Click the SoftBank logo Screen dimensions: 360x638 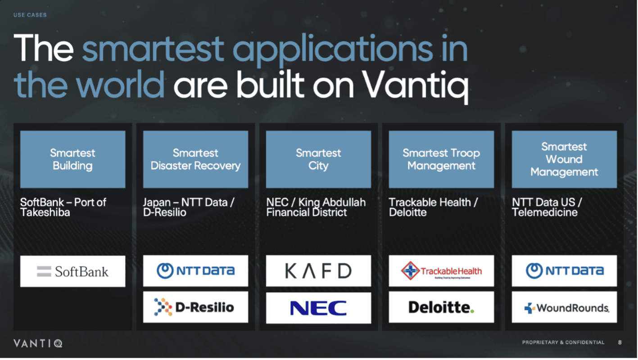[72, 271]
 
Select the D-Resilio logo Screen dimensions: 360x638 [195, 307]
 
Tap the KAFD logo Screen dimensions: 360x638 [318, 271]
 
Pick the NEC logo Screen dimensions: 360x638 [318, 308]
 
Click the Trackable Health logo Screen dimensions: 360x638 [441, 271]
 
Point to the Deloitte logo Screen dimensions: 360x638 [441, 307]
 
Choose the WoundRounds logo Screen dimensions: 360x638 [564, 308]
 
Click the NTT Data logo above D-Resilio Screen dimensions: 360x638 [195, 271]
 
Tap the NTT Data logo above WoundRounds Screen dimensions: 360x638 [564, 271]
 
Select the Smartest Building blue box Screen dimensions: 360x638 [72, 159]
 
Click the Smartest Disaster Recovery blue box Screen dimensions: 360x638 [195, 159]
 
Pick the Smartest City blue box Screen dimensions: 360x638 [318, 159]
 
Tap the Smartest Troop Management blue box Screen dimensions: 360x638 [441, 159]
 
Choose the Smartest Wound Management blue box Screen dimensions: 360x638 [564, 159]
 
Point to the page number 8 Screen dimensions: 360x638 [620, 342]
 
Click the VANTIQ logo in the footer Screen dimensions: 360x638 [38, 344]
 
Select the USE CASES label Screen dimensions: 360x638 [30, 15]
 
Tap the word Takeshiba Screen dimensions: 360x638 [45, 212]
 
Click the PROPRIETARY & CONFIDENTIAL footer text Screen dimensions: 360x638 [563, 342]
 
